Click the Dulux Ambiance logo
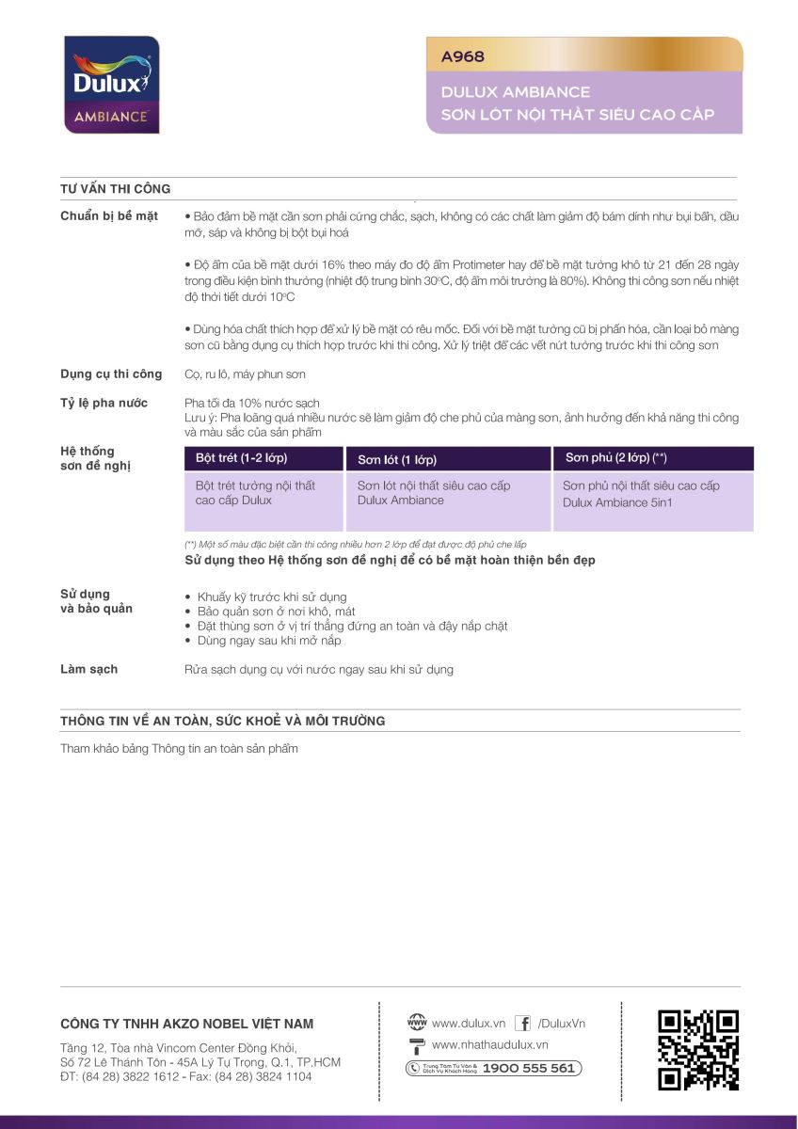coord(111,85)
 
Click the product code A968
coord(463,56)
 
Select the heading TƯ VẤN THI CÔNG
coord(116,188)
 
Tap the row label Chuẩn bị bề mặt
coord(109,216)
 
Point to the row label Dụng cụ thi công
coord(111,374)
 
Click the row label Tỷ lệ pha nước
coord(104,404)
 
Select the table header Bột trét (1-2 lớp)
coord(241,458)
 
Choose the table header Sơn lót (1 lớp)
coord(397,460)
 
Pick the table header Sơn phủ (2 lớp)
coord(615,458)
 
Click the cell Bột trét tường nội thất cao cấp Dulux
coord(255,493)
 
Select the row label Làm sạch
coord(89,669)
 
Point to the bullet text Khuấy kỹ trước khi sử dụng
coord(272,597)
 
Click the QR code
coord(698,1050)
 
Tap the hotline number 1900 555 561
coord(528,1068)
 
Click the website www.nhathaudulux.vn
coord(489,1045)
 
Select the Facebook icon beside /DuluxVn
coord(522,1024)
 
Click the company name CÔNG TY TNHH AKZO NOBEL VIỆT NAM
coord(187,1024)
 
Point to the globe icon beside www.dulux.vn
coord(416,1023)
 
